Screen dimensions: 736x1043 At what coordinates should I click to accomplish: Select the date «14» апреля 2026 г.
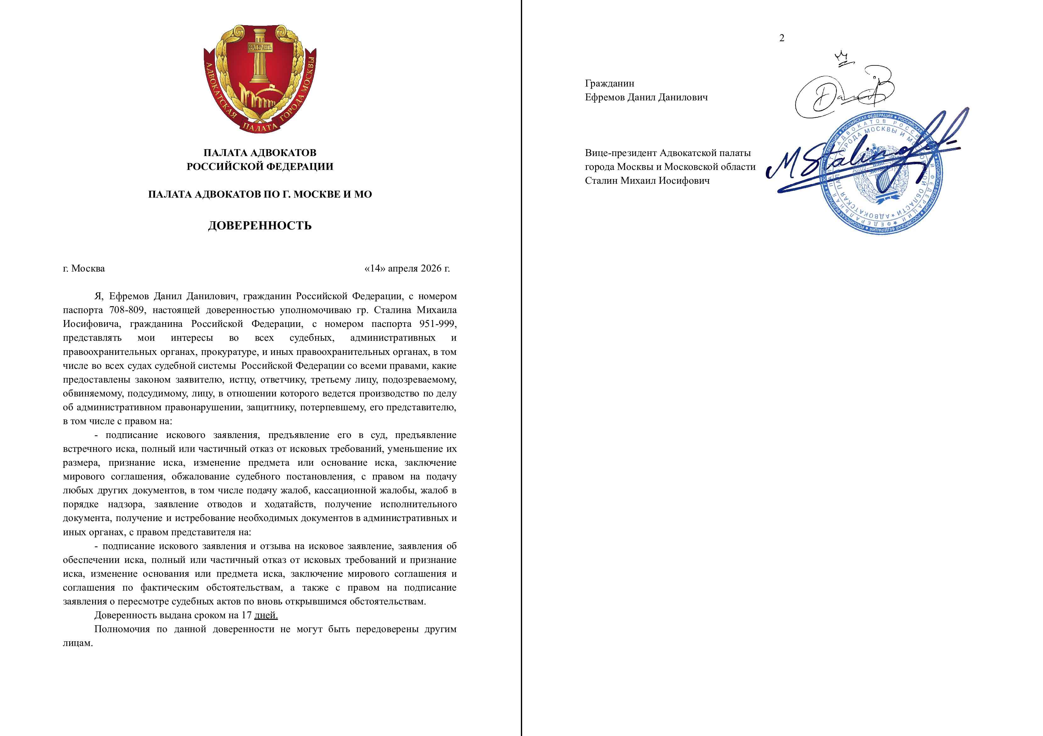(x=407, y=268)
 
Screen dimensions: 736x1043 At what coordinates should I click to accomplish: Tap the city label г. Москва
(x=84, y=268)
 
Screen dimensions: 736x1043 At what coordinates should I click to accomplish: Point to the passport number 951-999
(x=438, y=324)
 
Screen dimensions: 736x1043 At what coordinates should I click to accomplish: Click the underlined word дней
(x=266, y=615)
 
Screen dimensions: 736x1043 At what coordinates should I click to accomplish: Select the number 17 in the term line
(x=246, y=615)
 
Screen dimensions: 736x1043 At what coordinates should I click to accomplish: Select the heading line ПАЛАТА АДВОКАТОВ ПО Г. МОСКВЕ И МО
(x=259, y=194)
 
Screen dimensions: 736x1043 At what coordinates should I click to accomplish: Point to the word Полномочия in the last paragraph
(x=122, y=629)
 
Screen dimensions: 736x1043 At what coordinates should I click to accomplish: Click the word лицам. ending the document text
(x=78, y=643)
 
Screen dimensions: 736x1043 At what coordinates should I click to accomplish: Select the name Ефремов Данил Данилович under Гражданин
(x=646, y=97)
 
